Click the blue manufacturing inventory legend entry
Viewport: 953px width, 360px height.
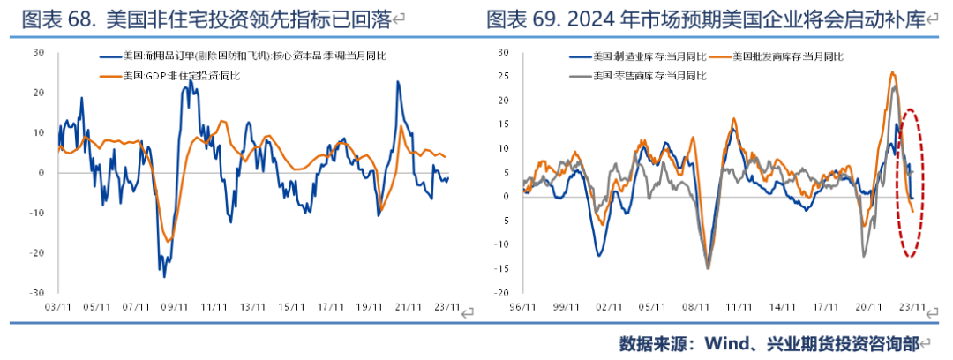[648, 57]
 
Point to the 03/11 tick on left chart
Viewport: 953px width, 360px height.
[57, 307]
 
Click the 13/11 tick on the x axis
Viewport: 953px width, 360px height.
[251, 307]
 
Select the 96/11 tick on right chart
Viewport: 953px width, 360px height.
[524, 307]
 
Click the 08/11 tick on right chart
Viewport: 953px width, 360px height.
[702, 307]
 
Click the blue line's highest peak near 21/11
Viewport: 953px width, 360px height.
[398, 82]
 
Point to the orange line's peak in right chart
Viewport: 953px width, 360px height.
[893, 72]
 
